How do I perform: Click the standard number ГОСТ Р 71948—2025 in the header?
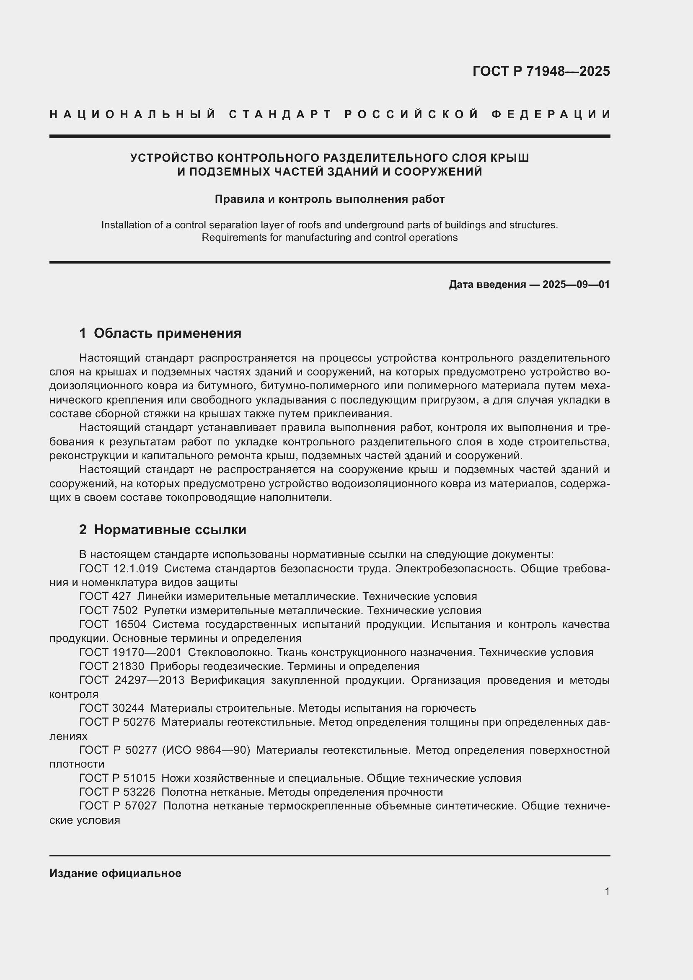pos(541,71)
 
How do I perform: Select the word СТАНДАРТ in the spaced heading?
pos(280,114)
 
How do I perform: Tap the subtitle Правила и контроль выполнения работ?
pos(329,199)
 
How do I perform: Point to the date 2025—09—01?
pos(576,284)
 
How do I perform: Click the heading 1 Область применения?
pos(160,333)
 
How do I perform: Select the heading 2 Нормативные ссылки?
pos(163,530)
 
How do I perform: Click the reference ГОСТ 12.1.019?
pos(119,569)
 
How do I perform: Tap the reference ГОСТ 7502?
pos(109,610)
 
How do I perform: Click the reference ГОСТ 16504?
pos(113,624)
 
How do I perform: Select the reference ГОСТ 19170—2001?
pos(130,652)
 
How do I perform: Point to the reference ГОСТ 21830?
pos(111,666)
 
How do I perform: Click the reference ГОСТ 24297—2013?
pos(132,680)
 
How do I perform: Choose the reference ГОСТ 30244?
pos(111,708)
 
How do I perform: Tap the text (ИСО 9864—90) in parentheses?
pos(206,750)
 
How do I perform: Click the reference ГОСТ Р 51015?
pos(117,778)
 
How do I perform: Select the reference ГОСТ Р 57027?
pos(118,806)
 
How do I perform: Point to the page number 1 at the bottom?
pos(607,891)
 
